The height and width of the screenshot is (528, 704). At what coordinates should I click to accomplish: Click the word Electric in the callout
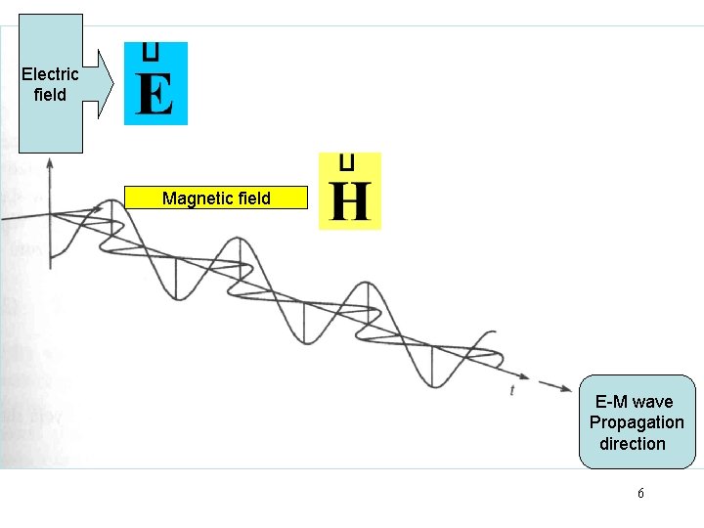[50, 75]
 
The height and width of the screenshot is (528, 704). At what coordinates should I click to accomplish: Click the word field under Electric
[50, 95]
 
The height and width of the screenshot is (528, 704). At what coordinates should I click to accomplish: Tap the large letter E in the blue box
[155, 95]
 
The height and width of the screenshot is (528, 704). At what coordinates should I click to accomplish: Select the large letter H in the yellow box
[350, 201]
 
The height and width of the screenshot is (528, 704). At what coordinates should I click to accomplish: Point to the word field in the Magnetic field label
[253, 198]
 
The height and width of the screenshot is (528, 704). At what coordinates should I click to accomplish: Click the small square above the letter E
[151, 51]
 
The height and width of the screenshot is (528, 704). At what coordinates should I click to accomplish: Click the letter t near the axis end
[512, 389]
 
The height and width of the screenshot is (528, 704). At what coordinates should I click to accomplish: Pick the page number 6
[640, 494]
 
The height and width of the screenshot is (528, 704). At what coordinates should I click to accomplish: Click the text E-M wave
[634, 402]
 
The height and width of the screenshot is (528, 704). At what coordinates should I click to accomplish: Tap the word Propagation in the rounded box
[637, 422]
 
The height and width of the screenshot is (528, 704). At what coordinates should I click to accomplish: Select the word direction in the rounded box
[633, 443]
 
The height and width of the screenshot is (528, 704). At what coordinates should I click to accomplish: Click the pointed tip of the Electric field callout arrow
[113, 85]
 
